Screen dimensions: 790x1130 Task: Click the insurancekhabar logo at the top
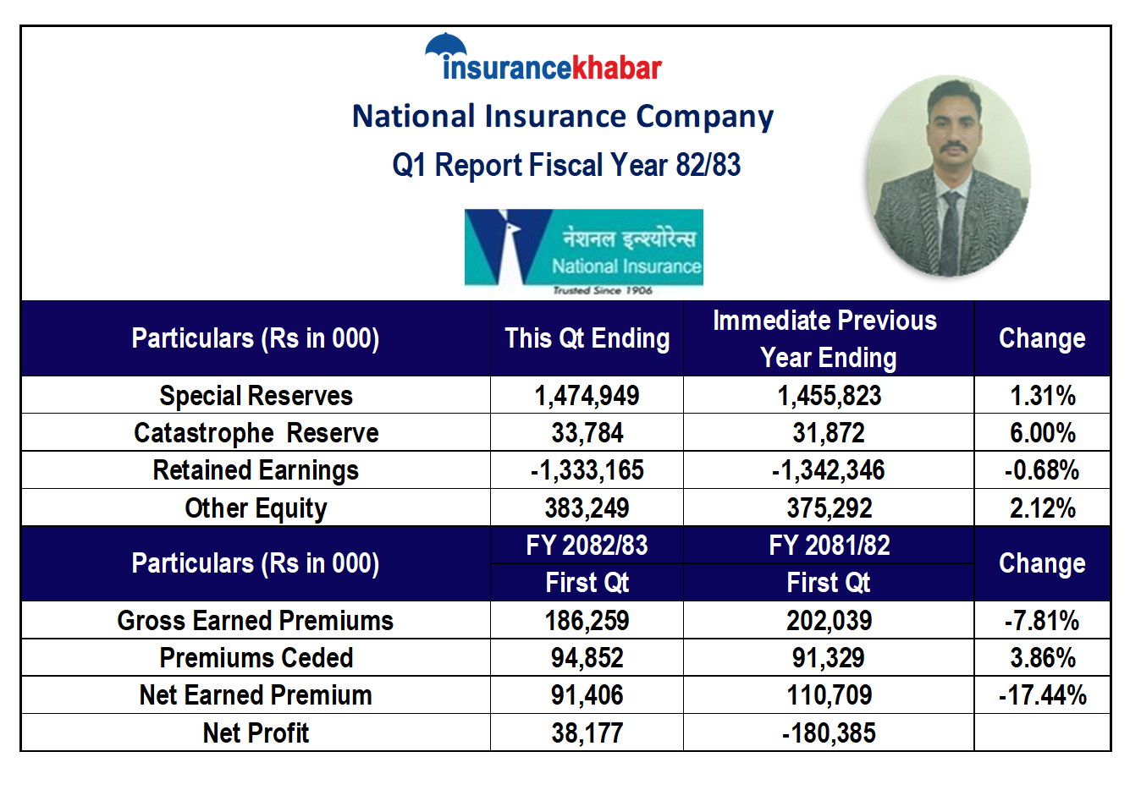pyautogui.click(x=543, y=59)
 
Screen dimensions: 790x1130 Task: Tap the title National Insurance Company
pyautogui.click(x=563, y=117)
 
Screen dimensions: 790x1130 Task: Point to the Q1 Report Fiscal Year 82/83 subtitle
pyautogui.click(x=566, y=165)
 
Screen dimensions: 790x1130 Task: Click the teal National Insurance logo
pyautogui.click(x=584, y=250)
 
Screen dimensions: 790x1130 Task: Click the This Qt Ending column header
pyautogui.click(x=587, y=338)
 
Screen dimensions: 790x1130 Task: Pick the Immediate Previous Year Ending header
pyautogui.click(x=828, y=338)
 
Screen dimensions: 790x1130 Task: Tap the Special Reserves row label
pyautogui.click(x=256, y=396)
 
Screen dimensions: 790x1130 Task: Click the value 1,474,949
pyautogui.click(x=587, y=396)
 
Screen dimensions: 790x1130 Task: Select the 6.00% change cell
pyautogui.click(x=1042, y=433)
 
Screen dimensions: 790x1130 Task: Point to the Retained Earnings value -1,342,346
pyautogui.click(x=828, y=470)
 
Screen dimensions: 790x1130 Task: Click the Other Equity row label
pyautogui.click(x=256, y=508)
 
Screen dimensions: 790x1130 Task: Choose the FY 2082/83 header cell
pyautogui.click(x=587, y=546)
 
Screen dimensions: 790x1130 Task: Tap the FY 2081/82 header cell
pyautogui.click(x=829, y=546)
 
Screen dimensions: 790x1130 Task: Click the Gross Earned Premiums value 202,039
pyautogui.click(x=829, y=621)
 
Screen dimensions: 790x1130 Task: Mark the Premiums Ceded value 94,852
pyautogui.click(x=587, y=658)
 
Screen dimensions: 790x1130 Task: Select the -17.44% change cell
pyautogui.click(x=1042, y=695)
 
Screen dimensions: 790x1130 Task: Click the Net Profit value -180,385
pyautogui.click(x=829, y=733)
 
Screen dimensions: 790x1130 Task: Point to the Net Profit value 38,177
pyautogui.click(x=587, y=733)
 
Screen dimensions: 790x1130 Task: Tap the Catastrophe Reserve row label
pyautogui.click(x=256, y=433)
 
